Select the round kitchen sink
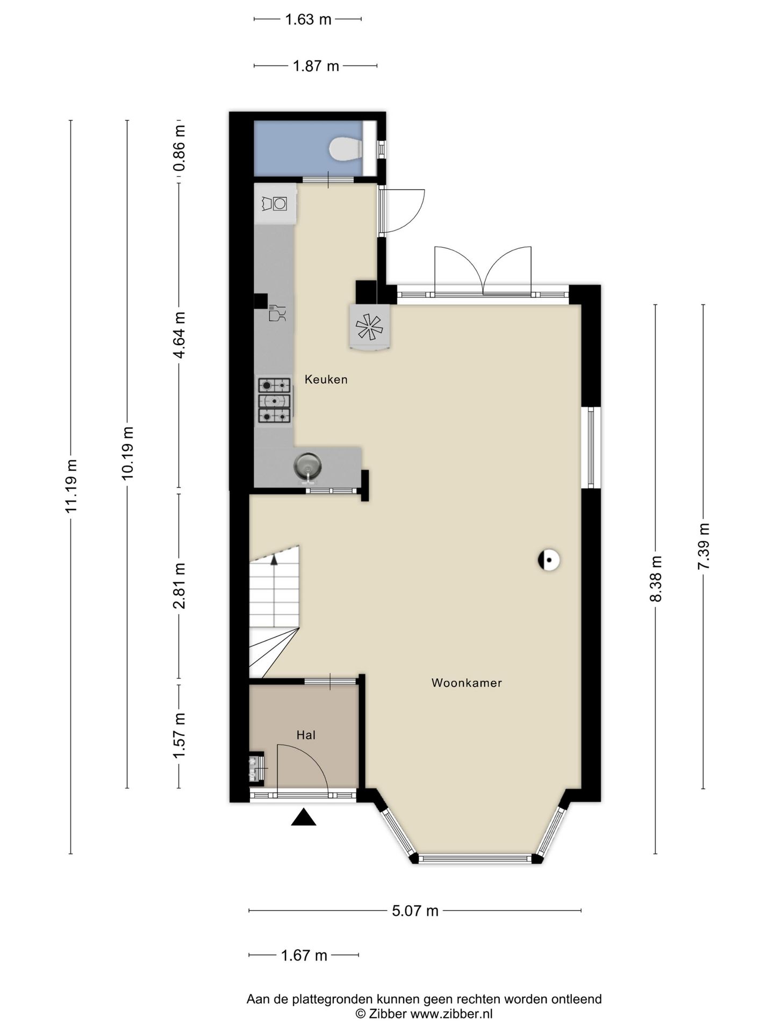[307, 465]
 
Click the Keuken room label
[326, 379]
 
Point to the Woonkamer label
[467, 683]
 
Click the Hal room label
[306, 735]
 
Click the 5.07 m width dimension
[415, 911]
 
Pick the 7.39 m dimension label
[703, 547]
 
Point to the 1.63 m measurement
[308, 19]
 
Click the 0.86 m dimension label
[179, 148]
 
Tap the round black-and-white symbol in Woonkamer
[549, 560]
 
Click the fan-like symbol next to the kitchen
[369, 326]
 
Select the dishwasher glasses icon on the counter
[277, 313]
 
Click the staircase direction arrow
[274, 560]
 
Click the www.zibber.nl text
[451, 1014]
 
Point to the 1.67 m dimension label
[304, 955]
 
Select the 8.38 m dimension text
[655, 579]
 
